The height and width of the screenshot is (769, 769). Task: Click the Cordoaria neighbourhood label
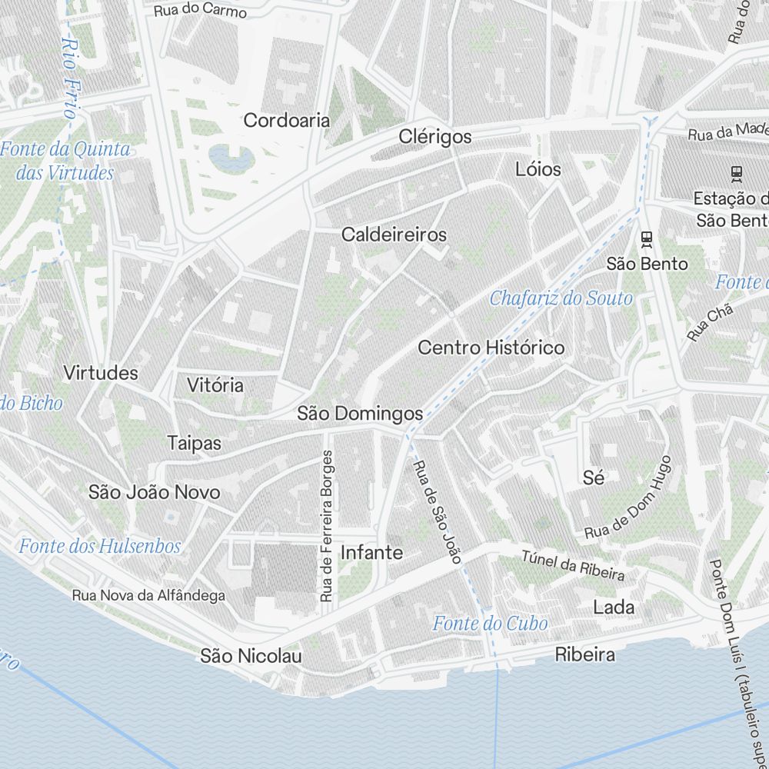[287, 121]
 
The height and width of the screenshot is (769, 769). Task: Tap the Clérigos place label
[435, 137]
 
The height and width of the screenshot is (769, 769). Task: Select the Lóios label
[538, 169]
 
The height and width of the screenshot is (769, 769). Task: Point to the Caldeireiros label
[394, 235]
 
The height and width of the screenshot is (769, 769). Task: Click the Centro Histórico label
[491, 348]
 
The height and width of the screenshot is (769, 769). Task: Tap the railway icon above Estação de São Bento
[736, 174]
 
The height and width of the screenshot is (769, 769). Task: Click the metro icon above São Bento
[647, 238]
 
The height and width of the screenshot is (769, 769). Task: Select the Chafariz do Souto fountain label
[561, 298]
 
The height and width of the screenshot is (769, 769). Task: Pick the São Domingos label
[360, 414]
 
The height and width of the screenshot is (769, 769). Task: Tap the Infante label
[371, 552]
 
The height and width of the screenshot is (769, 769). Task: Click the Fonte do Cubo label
[490, 623]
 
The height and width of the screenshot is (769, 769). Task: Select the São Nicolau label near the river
[251, 656]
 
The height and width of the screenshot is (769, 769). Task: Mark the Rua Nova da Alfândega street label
[148, 595]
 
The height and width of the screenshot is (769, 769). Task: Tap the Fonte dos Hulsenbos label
[100, 547]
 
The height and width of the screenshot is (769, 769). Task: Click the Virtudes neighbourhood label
[101, 374]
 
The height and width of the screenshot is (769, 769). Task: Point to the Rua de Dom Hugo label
[628, 498]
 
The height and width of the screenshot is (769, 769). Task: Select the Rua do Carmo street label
[200, 11]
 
